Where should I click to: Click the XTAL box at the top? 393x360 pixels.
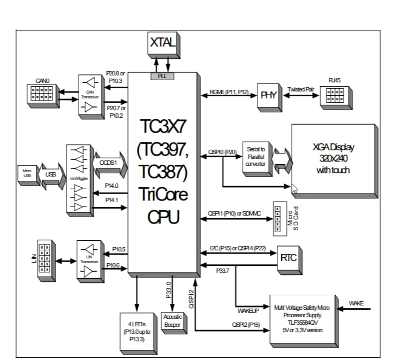click(x=162, y=43)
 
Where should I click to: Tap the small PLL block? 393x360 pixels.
click(x=162, y=76)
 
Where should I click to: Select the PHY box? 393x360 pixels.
click(x=268, y=95)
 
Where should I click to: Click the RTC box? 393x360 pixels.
click(x=288, y=257)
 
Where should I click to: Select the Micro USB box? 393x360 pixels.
click(x=27, y=173)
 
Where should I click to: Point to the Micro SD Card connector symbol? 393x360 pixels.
click(x=278, y=218)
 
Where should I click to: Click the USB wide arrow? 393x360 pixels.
click(x=51, y=174)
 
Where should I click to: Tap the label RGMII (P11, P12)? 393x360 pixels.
click(x=228, y=93)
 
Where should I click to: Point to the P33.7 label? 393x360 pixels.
click(x=223, y=271)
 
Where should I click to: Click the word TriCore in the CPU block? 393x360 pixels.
click(x=163, y=194)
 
